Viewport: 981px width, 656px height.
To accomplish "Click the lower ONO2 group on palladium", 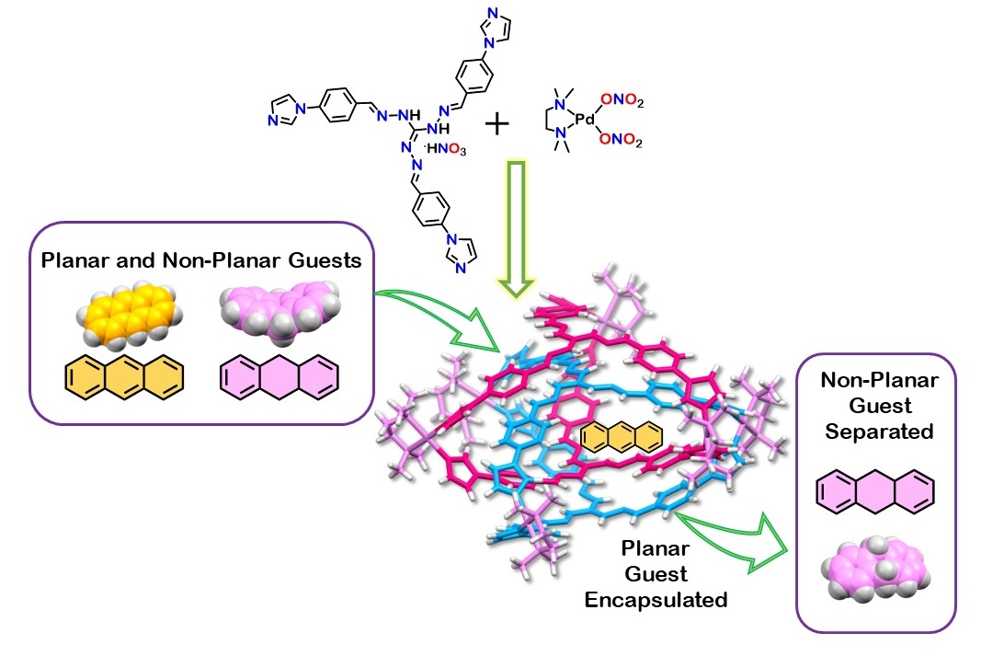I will pyautogui.click(x=622, y=141).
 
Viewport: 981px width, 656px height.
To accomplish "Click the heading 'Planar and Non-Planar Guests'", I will pyautogui.click(x=200, y=261).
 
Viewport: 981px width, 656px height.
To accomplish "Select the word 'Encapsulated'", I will pyautogui.click(x=674, y=600).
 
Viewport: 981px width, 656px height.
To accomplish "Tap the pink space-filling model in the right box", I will pyautogui.click(x=875, y=578).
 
